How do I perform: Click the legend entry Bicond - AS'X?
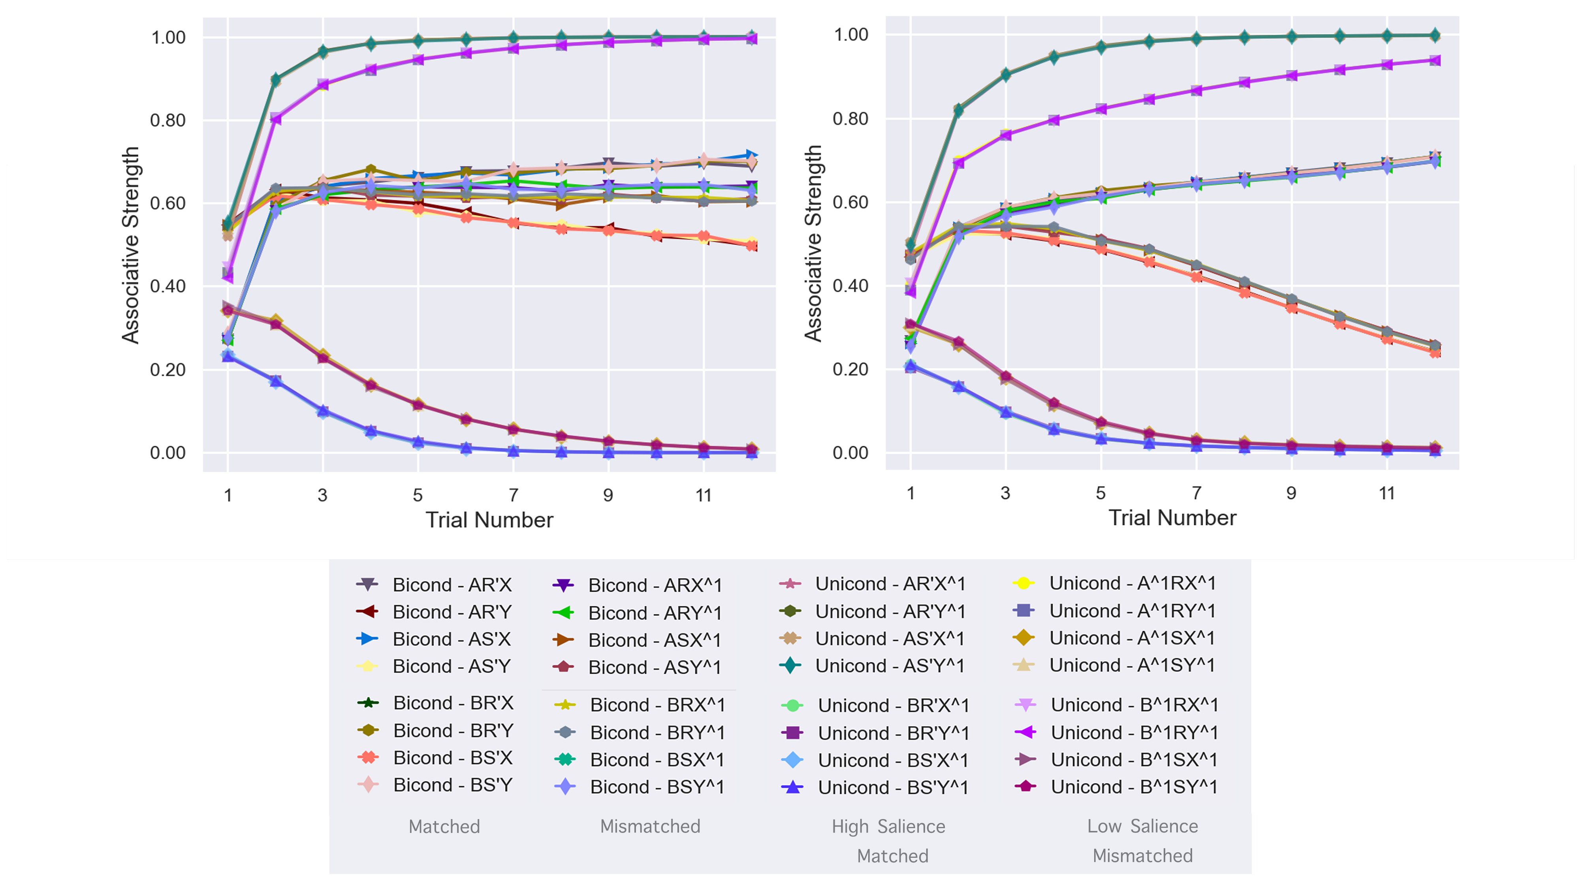[x=451, y=639]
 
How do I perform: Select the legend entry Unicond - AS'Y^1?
[x=890, y=666]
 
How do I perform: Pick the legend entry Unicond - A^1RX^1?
[x=1132, y=583]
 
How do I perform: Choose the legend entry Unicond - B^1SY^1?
[x=1134, y=787]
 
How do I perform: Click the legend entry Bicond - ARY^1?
[x=655, y=613]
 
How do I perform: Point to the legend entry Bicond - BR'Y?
[x=453, y=731]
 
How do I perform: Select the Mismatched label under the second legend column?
[x=650, y=827]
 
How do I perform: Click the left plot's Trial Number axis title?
[x=489, y=520]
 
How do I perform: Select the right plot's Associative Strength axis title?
[x=813, y=243]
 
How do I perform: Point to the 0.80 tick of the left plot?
[x=167, y=120]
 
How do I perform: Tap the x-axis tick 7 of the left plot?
[x=513, y=495]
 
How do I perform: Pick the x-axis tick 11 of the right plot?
[x=1387, y=494]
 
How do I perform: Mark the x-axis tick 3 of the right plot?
[x=1005, y=494]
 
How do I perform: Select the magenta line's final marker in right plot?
[x=1435, y=60]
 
